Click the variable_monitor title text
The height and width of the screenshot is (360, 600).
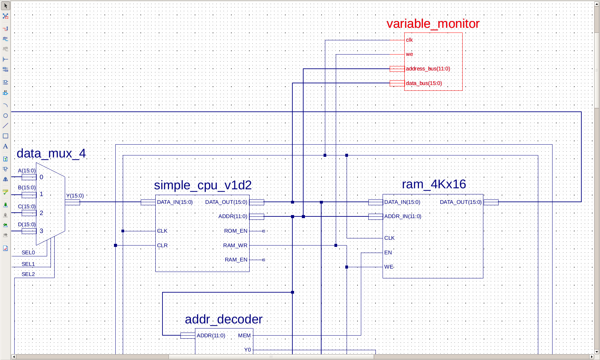pyautogui.click(x=433, y=24)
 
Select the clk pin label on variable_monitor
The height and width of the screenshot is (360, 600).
pyautogui.click(x=409, y=40)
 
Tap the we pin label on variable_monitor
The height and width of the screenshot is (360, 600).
pyautogui.click(x=409, y=54)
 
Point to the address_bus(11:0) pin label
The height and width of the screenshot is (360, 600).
pyautogui.click(x=428, y=69)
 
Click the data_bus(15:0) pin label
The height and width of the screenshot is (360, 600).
pyautogui.click(x=424, y=83)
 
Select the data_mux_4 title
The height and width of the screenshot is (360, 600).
pyautogui.click(x=51, y=153)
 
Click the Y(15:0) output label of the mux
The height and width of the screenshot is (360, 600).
pyautogui.click(x=75, y=196)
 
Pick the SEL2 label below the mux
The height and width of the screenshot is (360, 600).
pyautogui.click(x=28, y=274)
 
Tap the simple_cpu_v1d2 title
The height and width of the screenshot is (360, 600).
pyautogui.click(x=203, y=185)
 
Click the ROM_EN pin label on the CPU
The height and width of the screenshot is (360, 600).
pyautogui.click(x=236, y=231)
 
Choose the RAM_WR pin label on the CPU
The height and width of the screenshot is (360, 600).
pyautogui.click(x=235, y=246)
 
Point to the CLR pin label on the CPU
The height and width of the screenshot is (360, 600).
pyautogui.click(x=162, y=246)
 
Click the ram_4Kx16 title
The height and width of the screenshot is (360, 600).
pyautogui.click(x=434, y=184)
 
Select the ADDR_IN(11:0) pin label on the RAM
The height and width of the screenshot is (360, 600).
pyautogui.click(x=403, y=216)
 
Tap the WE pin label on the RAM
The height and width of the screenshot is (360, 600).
pyautogui.click(x=389, y=267)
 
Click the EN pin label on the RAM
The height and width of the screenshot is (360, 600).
pyautogui.click(x=388, y=253)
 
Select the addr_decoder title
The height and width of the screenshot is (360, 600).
pyautogui.click(x=224, y=319)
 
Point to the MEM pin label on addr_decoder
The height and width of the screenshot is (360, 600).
pyautogui.click(x=244, y=336)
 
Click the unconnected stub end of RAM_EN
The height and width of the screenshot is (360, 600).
pyautogui.click(x=264, y=260)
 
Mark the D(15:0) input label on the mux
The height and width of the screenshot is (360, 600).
pyautogui.click(x=27, y=225)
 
